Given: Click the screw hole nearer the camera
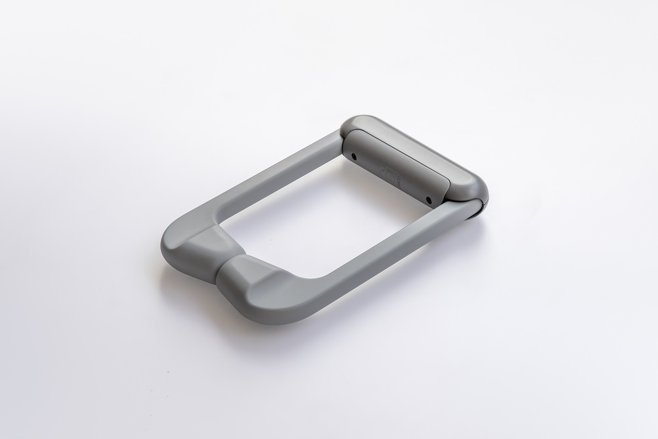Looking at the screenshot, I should coord(428,199).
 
